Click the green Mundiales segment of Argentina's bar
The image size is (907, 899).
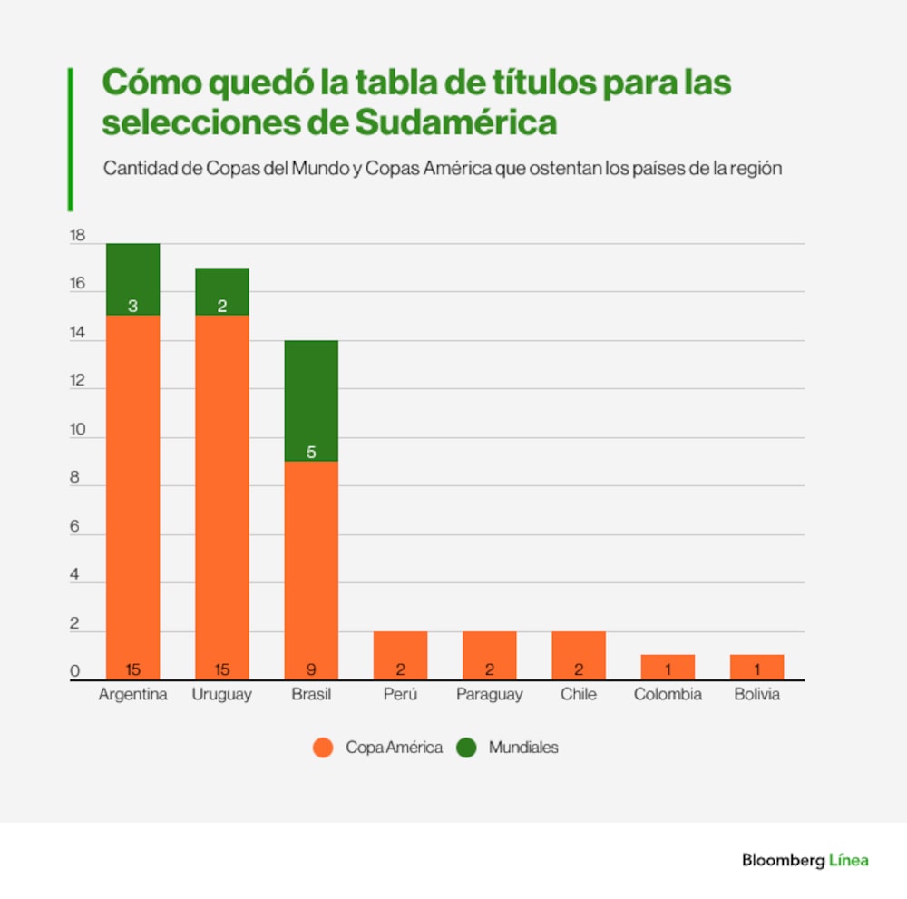(x=132, y=279)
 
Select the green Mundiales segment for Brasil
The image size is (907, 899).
(x=311, y=400)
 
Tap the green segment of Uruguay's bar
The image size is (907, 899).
(x=222, y=291)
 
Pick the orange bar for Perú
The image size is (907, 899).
(x=400, y=655)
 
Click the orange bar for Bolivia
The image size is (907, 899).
(x=756, y=667)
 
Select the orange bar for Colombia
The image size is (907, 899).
(x=668, y=667)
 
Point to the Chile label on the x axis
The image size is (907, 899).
(x=579, y=695)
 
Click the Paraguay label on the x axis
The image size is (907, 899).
(x=489, y=695)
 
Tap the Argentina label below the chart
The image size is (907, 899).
(x=132, y=695)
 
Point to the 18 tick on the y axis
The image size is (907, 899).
(x=77, y=236)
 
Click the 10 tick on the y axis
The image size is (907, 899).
(x=77, y=430)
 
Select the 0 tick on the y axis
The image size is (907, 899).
(x=75, y=672)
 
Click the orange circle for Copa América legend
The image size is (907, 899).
(x=324, y=748)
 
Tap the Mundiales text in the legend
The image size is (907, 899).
(x=523, y=748)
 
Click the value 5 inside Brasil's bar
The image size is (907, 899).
(x=311, y=452)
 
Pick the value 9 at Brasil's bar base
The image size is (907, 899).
(x=311, y=670)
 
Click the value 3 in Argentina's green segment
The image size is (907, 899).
(x=132, y=307)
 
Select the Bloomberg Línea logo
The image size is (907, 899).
(x=805, y=860)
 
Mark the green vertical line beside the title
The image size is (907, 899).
(x=70, y=139)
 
